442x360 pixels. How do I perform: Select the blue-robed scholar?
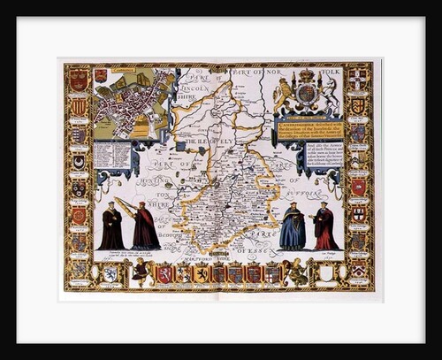293,227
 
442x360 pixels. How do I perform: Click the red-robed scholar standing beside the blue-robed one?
324,228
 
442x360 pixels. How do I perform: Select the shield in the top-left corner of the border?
79,80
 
